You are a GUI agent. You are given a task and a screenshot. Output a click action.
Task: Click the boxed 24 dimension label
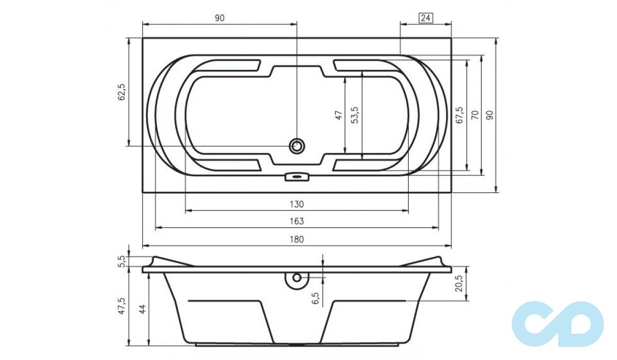click(425, 18)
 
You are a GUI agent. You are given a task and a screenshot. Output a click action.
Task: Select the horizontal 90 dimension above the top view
click(220, 18)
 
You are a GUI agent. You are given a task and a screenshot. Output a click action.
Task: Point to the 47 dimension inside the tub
click(338, 116)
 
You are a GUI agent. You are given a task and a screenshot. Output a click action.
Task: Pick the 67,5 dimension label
click(459, 116)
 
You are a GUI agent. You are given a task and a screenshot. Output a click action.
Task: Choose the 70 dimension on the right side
click(475, 115)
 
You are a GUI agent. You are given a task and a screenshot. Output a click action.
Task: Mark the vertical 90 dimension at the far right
click(489, 115)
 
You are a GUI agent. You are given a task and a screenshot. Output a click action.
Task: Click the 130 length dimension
click(297, 205)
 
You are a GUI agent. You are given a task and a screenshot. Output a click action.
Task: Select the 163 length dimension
click(297, 222)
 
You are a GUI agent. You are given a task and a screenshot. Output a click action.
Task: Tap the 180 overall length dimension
click(297, 239)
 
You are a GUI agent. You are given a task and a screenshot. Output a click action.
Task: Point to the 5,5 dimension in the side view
click(122, 261)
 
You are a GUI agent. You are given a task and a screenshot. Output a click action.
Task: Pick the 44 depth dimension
click(142, 309)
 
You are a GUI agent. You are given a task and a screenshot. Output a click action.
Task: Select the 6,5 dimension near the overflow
click(316, 298)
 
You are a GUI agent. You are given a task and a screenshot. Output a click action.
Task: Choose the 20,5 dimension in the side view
click(459, 282)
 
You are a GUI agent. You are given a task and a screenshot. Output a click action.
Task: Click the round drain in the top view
click(297, 146)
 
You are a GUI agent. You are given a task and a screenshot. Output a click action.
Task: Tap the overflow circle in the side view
click(297, 278)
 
